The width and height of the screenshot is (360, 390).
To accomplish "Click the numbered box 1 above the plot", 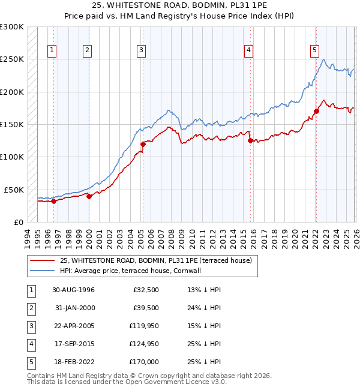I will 53,50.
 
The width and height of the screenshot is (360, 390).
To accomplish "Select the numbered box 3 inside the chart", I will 141,50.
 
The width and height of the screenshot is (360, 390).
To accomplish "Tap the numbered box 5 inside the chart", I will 314,50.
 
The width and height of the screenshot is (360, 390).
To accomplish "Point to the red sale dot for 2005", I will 143,144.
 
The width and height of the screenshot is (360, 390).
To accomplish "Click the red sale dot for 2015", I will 250,141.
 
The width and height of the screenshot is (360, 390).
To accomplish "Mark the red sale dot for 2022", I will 316,111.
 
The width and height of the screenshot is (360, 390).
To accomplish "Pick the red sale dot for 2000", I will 89,196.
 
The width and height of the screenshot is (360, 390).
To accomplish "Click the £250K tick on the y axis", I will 13,59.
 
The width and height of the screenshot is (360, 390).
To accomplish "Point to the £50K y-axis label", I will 14,190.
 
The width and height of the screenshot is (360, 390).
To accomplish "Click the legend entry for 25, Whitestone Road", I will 159,260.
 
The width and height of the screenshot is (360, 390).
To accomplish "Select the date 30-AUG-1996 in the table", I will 73,290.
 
